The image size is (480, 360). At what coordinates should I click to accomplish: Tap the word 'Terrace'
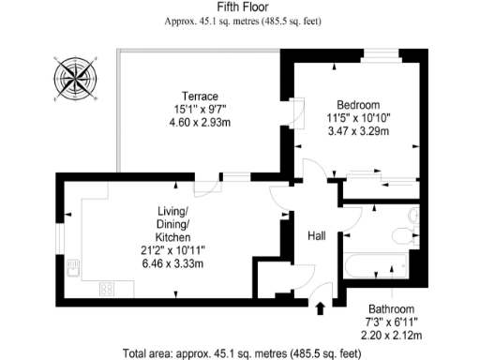[200, 97]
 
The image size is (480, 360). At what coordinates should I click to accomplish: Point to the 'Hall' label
[317, 236]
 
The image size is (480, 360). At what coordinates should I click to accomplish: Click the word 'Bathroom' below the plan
[389, 308]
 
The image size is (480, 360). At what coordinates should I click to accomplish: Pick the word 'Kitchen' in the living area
[172, 238]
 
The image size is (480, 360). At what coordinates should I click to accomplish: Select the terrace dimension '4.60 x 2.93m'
[200, 123]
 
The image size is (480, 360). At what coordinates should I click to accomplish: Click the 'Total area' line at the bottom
[240, 353]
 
